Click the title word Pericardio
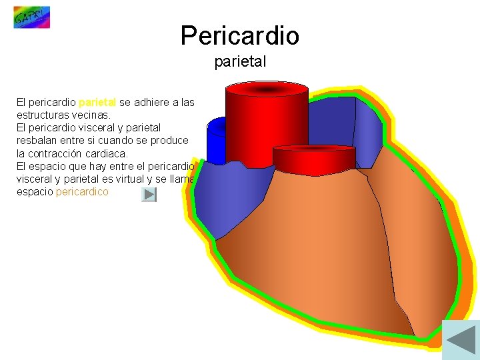tap(239, 35)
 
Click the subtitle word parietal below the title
tap(240, 62)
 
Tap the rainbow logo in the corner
tap(31, 17)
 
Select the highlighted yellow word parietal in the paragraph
tap(97, 103)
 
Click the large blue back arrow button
tap(461, 338)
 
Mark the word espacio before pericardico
tap(35, 192)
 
